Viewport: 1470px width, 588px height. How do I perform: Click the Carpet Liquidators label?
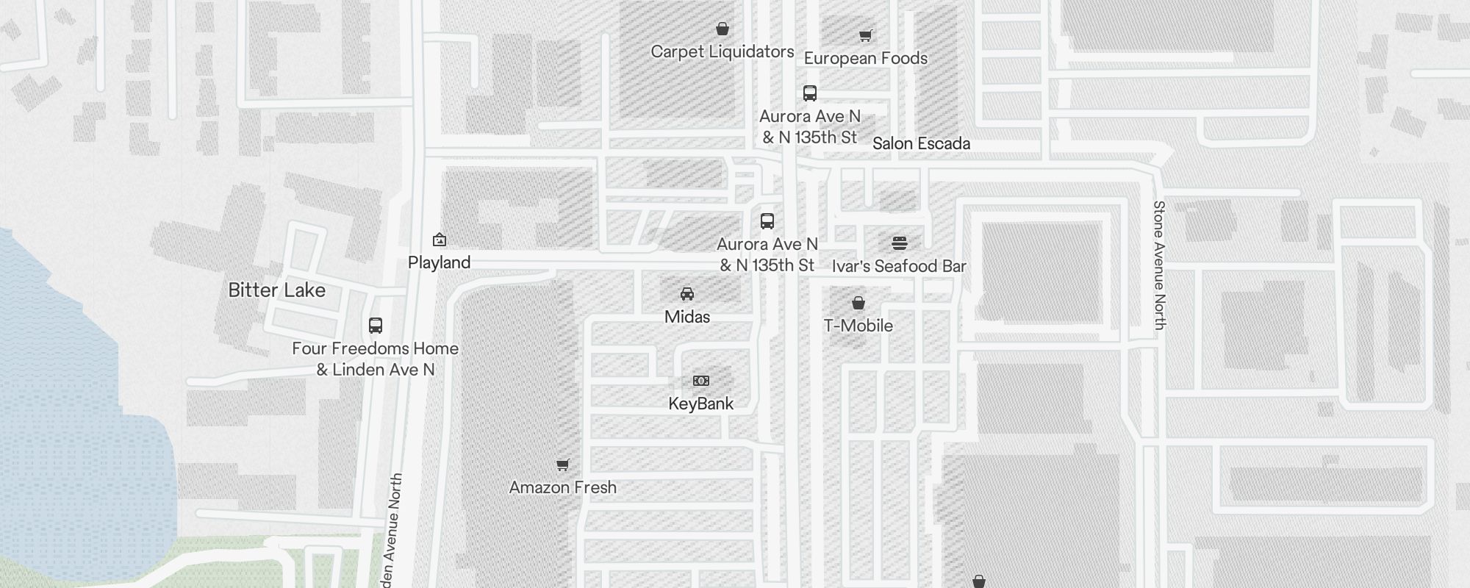point(723,52)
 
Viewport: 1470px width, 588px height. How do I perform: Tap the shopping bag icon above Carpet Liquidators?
point(723,29)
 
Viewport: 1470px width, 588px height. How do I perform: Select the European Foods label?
point(865,59)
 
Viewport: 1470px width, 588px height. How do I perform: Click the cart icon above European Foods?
point(866,35)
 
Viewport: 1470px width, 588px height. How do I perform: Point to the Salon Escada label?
point(921,144)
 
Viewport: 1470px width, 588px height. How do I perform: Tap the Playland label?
point(439,263)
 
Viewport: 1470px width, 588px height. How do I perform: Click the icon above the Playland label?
point(440,240)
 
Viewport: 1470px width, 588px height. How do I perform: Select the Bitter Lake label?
point(276,290)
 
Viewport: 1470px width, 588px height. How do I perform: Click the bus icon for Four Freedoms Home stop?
point(376,326)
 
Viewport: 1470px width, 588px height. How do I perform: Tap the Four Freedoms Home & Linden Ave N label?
point(375,359)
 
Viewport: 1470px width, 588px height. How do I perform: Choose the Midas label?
point(687,318)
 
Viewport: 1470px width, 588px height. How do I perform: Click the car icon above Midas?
point(687,294)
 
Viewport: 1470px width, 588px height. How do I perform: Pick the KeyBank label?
point(701,404)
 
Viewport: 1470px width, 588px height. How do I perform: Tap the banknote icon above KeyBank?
point(701,381)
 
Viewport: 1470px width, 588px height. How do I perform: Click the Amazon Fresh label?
point(562,488)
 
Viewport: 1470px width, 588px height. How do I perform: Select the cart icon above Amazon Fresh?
point(563,465)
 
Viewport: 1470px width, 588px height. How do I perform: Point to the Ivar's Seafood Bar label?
point(899,267)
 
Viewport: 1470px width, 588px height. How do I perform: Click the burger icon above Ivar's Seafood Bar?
point(900,243)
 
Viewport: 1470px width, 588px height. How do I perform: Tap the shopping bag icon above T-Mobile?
point(858,303)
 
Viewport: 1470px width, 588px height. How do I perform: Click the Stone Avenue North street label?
point(1160,265)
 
